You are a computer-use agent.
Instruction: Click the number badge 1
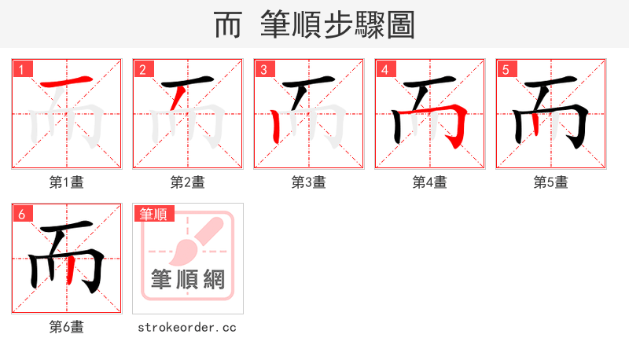pos(21,69)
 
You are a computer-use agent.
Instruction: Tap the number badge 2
pos(142,69)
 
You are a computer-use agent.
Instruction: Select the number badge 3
pos(263,69)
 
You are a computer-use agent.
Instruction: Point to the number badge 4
pos(384,69)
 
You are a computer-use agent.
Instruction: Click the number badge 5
pos(506,69)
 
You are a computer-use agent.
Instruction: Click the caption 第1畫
pos(67,182)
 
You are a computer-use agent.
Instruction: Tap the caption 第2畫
pos(188,182)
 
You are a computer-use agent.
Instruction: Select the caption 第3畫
pos(309,182)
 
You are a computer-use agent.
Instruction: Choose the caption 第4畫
pos(430,182)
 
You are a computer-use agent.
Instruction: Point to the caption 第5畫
pos(551,182)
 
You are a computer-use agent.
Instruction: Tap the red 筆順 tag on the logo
pos(154,214)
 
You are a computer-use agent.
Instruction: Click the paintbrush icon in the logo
pos(189,243)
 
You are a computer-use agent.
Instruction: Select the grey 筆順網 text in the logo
pos(188,279)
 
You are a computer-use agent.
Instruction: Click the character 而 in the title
pos(228,25)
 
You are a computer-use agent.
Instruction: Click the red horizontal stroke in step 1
pos(67,82)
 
